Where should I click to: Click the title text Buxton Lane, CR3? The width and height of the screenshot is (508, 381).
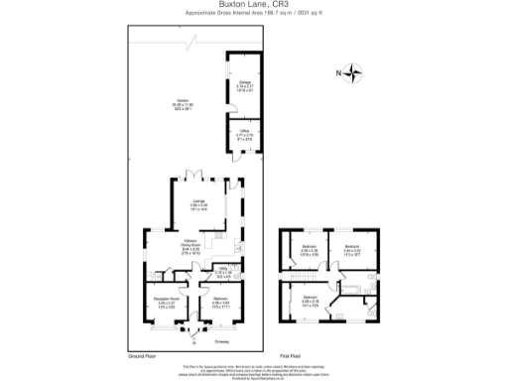point(253,5)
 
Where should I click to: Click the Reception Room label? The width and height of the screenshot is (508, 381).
point(166,300)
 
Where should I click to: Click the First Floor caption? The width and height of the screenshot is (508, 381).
point(290,354)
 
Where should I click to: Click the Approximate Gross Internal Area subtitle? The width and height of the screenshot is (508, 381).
point(253,13)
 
